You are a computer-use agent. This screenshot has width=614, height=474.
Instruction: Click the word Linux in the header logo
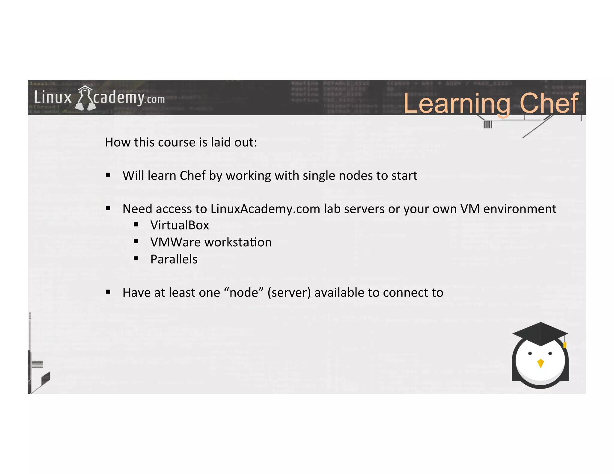[x=53, y=98]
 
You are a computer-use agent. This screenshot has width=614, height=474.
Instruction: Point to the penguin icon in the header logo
[x=85, y=98]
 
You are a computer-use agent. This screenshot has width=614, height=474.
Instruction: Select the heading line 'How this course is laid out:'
[x=181, y=142]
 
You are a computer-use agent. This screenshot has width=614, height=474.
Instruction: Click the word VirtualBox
[x=180, y=225]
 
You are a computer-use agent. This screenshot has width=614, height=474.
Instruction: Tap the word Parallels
[x=174, y=259]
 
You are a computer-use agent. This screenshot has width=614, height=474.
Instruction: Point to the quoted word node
[x=244, y=293]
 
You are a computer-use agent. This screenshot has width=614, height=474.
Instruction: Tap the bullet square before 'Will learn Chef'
[x=108, y=175]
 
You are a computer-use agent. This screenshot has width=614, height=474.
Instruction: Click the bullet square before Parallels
[x=136, y=259]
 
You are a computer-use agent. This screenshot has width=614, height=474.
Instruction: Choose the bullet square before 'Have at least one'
[x=108, y=292]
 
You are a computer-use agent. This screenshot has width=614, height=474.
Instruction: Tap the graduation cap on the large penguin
[x=540, y=333]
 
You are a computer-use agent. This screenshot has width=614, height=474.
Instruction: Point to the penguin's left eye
[x=530, y=354]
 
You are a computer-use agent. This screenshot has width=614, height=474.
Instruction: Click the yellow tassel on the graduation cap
[x=565, y=345]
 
